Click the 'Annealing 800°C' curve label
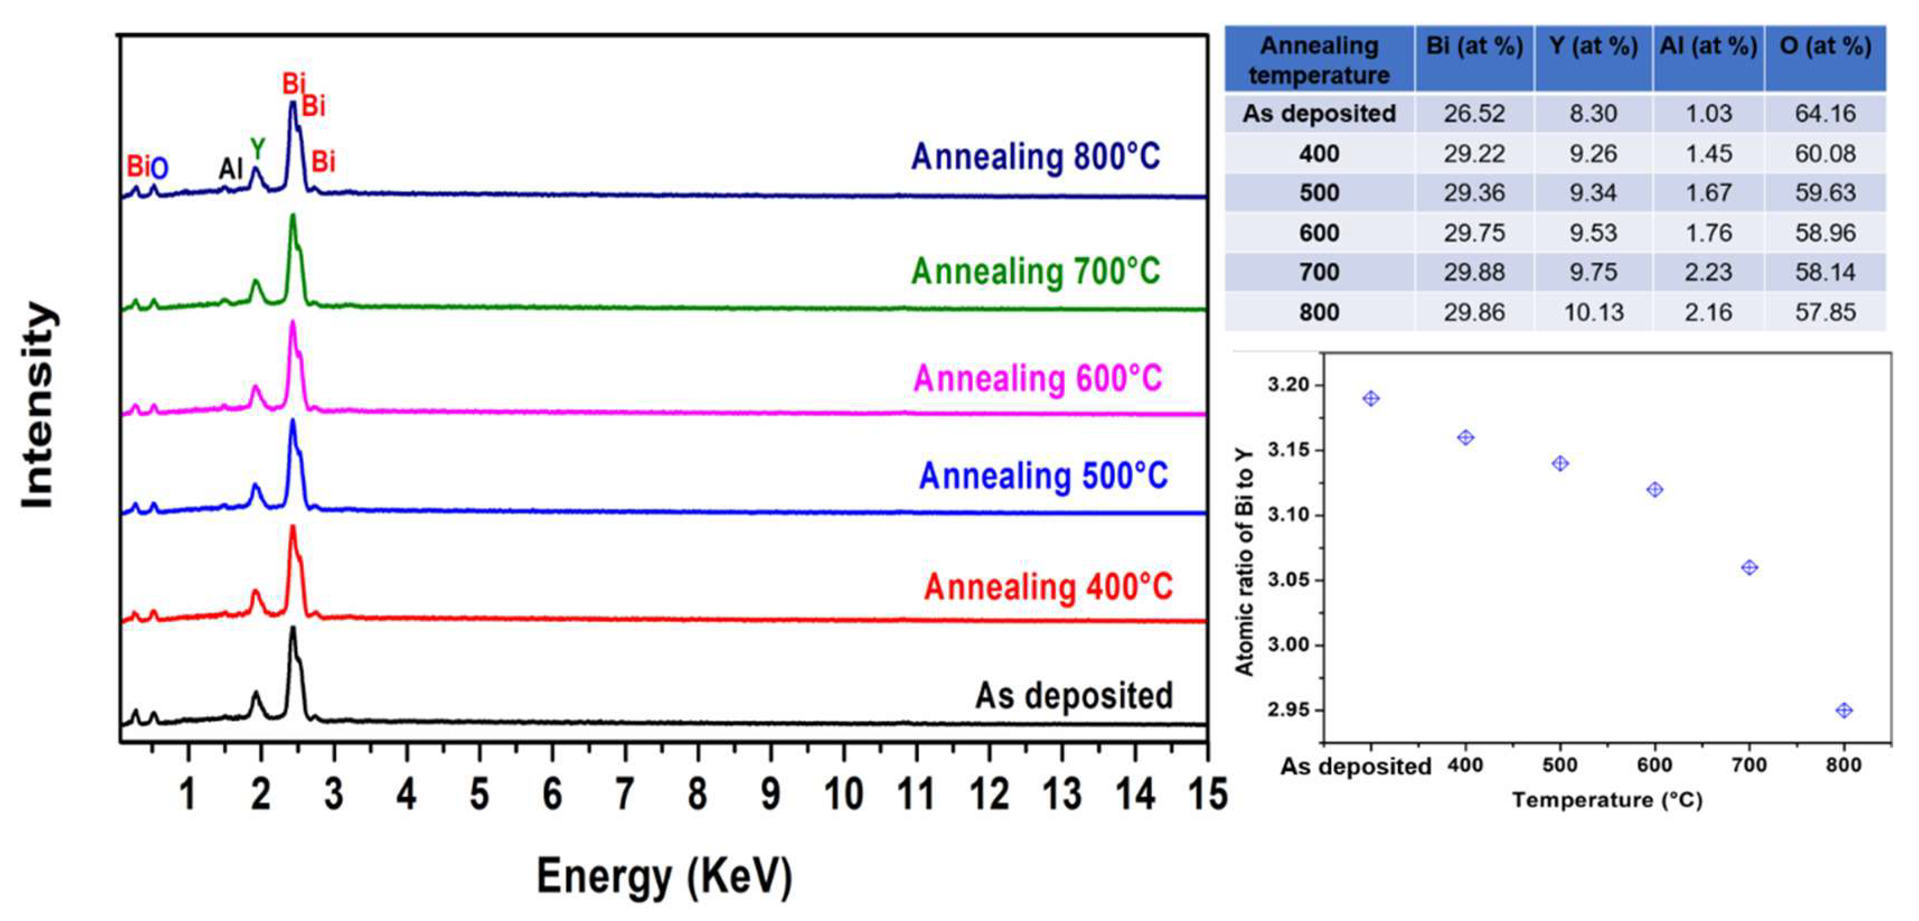coord(1036,158)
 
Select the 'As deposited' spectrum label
coord(1074,696)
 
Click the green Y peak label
coord(257,149)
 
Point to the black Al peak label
coord(230,169)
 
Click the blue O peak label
coord(159,168)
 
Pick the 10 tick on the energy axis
coord(843,795)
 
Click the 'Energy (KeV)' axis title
coord(665,876)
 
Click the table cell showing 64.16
coord(1824,113)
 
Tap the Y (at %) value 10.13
coord(1593,312)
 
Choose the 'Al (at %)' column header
coord(1708,46)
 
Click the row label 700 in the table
coord(1319,272)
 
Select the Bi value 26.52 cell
coord(1474,113)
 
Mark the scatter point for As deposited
coord(1371,398)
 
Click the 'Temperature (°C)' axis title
coord(1607,800)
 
